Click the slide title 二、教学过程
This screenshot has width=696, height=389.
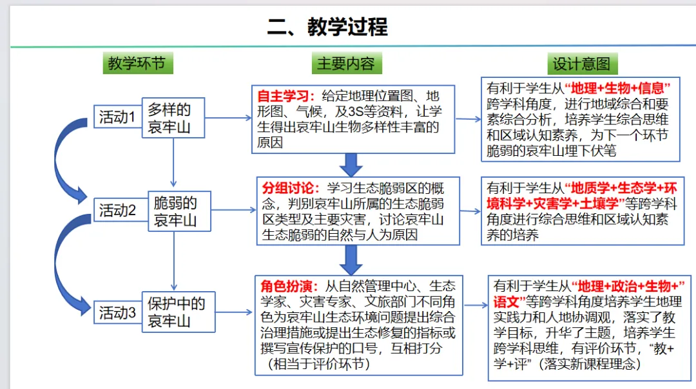click(327, 26)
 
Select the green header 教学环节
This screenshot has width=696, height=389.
click(138, 63)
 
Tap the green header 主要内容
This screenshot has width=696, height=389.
click(346, 63)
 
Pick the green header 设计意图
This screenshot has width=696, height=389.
click(582, 64)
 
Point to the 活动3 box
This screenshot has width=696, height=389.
click(118, 312)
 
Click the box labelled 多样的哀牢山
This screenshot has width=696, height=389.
click(173, 118)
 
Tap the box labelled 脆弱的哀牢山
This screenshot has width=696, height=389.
click(179, 211)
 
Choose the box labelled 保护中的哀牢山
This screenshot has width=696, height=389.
click(179, 312)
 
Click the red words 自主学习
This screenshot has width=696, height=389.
click(283, 96)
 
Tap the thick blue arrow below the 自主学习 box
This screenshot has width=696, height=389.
click(351, 165)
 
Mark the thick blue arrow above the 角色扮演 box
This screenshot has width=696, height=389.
click(351, 260)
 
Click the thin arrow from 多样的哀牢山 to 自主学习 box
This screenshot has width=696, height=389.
click(228, 118)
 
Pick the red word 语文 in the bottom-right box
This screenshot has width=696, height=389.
click(506, 302)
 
